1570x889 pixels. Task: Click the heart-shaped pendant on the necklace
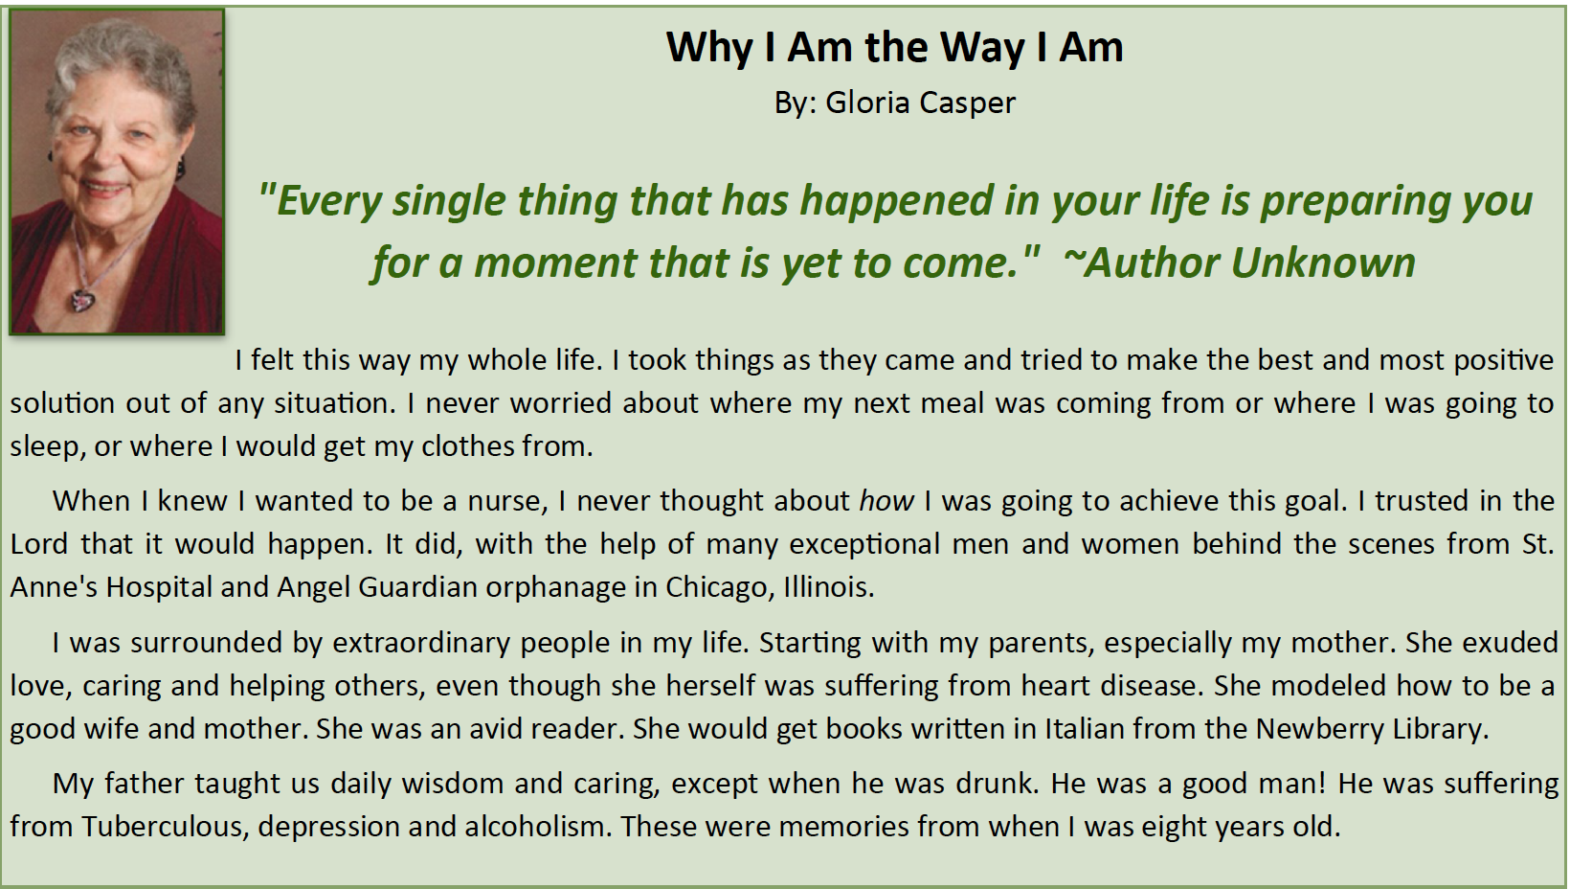tap(82, 300)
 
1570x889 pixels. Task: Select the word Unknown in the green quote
tap(1323, 262)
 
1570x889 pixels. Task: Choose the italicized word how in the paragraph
tap(886, 501)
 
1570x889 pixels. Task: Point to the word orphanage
tap(555, 587)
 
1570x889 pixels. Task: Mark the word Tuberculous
tap(164, 827)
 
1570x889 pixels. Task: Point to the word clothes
tap(467, 445)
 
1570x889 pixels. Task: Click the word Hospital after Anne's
tap(158, 587)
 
